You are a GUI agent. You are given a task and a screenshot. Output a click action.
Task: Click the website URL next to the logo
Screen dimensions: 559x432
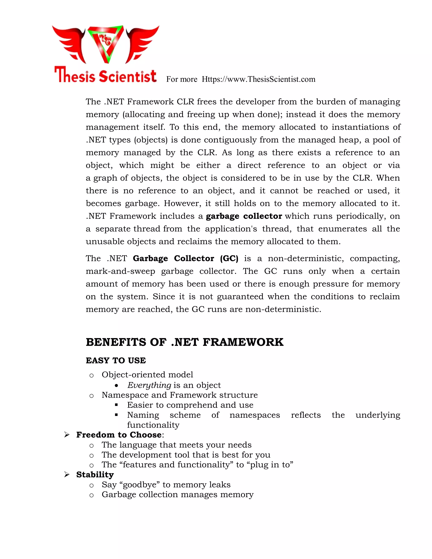[258, 79]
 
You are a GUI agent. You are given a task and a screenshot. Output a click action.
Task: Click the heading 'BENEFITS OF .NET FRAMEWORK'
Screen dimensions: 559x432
[185, 342]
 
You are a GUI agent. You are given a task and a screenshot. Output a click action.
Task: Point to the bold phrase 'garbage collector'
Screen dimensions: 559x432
[244, 216]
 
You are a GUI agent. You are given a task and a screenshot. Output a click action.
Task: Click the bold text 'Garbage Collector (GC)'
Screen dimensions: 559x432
[186, 259]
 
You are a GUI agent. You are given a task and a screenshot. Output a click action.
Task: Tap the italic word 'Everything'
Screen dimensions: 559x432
[149, 385]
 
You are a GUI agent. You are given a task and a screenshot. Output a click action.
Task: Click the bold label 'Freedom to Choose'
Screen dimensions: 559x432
[119, 435]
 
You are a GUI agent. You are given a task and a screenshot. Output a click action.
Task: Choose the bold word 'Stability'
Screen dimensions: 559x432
[95, 475]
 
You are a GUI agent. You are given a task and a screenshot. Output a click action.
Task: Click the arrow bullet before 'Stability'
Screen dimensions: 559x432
[67, 475]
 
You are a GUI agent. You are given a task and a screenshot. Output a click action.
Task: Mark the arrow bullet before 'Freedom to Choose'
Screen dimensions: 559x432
[67, 435]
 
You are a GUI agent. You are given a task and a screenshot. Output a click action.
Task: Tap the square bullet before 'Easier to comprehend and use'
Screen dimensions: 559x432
[116, 405]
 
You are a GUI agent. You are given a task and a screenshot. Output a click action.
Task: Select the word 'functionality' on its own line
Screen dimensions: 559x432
[153, 425]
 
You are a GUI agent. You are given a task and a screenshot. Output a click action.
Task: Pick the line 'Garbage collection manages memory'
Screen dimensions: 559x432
[177, 494]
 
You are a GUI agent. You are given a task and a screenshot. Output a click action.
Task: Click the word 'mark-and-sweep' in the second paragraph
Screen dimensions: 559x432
[120, 271]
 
